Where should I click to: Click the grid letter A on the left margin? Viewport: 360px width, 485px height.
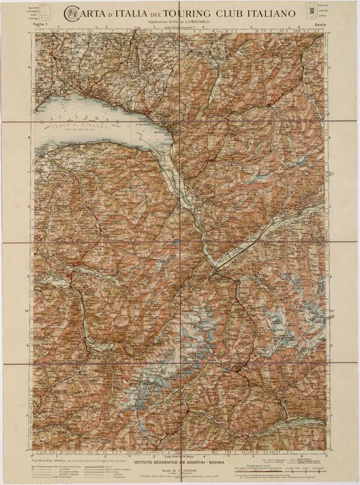(x=30, y=68)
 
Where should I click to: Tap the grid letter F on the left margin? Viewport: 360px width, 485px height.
(x=30, y=415)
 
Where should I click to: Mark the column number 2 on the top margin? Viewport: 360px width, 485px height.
(x=105, y=27)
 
